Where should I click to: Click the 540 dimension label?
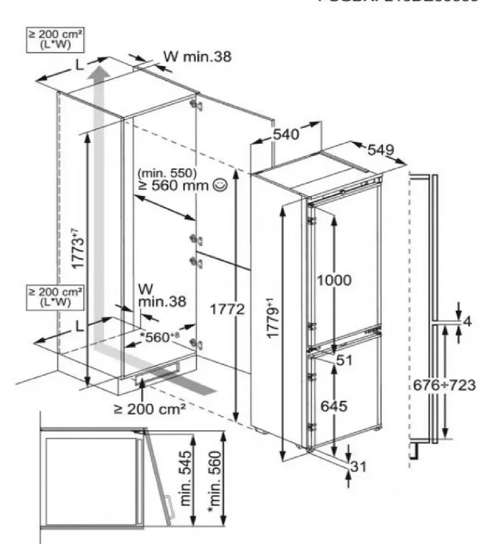tap(286, 134)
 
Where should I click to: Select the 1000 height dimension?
tap(333, 281)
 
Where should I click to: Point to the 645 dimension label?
tap(333, 406)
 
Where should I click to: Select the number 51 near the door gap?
tap(344, 360)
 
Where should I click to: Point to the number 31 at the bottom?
tap(358, 466)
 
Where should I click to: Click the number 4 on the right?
tap(467, 322)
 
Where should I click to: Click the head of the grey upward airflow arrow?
tap(99, 71)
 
